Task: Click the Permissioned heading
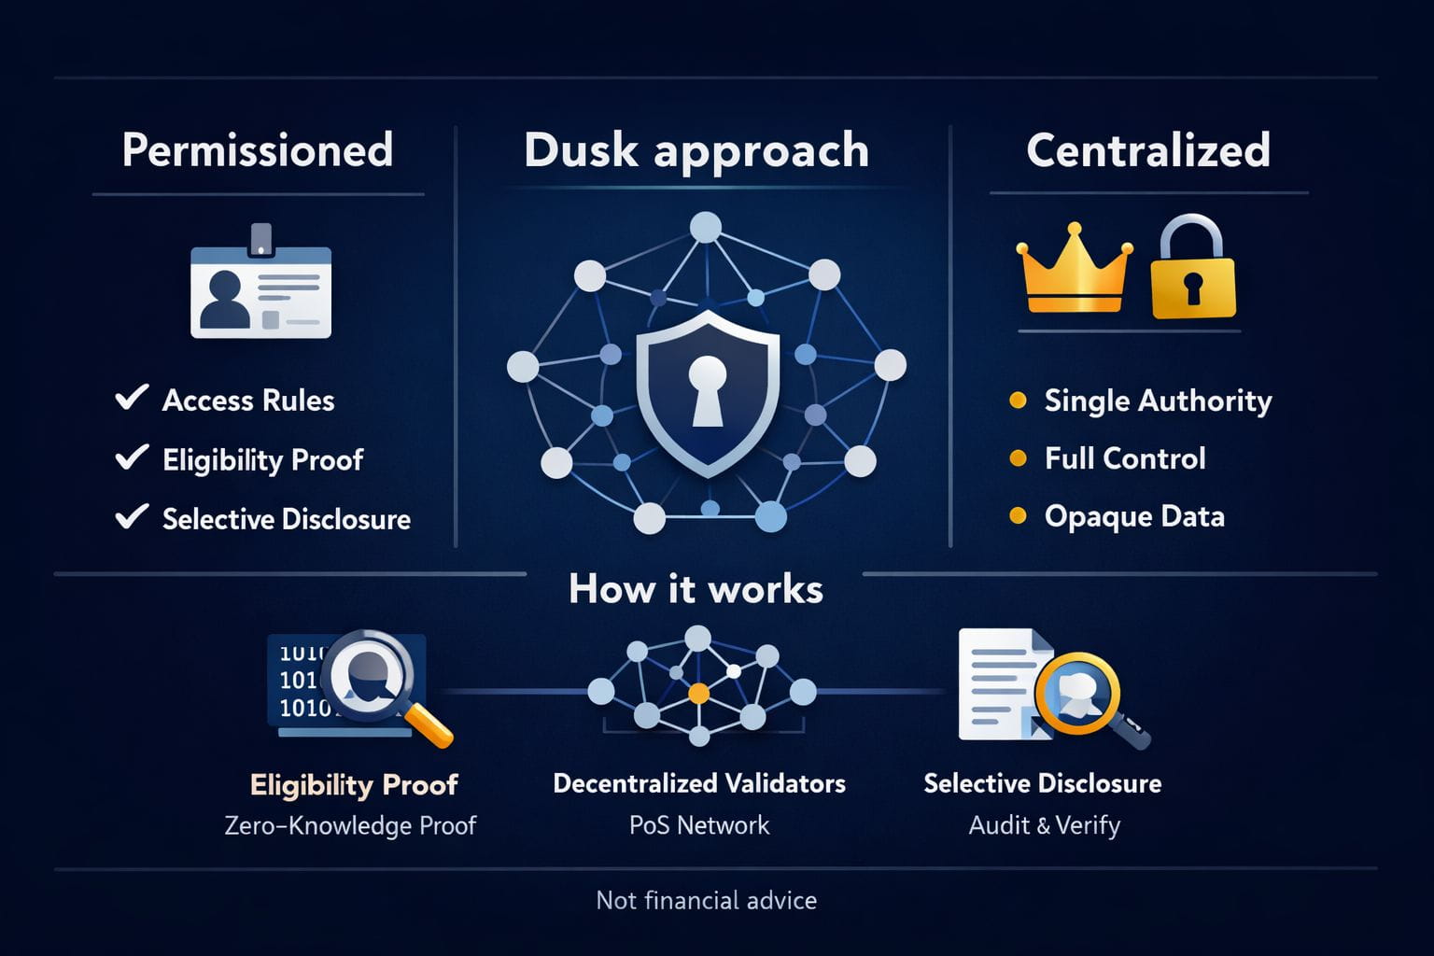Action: point(257,150)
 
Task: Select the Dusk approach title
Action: point(696,150)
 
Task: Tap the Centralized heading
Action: point(1148,150)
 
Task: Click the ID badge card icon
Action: point(260,288)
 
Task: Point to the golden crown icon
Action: point(1074,271)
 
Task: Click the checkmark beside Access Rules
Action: point(132,398)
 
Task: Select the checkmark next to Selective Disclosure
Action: point(132,516)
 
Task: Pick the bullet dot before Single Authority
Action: point(1019,401)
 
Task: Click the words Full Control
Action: point(1125,458)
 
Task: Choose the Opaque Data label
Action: point(1134,516)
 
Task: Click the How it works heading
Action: point(696,589)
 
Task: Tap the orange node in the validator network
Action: point(698,694)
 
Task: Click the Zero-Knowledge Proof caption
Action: point(350,825)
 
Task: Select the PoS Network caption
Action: point(699,825)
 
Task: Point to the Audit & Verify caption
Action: point(1044,825)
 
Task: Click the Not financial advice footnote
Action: point(706,900)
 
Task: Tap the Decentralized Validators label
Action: point(699,783)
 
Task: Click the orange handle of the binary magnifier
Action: point(431,725)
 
